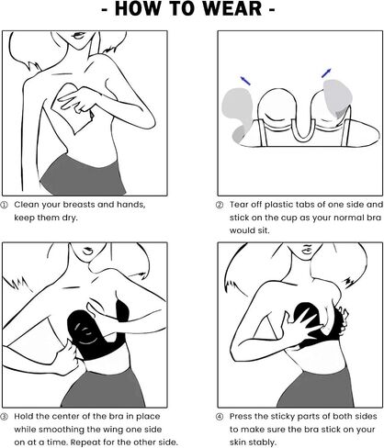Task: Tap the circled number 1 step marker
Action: coord(5,205)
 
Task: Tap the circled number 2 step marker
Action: coord(220,205)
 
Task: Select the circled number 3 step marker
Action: coord(5,417)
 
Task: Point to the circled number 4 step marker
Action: coord(220,417)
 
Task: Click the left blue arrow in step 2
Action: coord(245,81)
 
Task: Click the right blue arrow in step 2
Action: coord(326,73)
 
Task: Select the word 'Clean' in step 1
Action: coord(27,205)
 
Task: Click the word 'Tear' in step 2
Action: coord(239,205)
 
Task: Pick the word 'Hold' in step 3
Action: coord(24,417)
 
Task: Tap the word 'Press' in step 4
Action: coord(241,417)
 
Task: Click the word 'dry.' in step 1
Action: coord(69,218)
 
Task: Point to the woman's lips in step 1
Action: coord(78,36)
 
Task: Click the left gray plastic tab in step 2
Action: coord(237,114)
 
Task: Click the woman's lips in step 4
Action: coord(307,250)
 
